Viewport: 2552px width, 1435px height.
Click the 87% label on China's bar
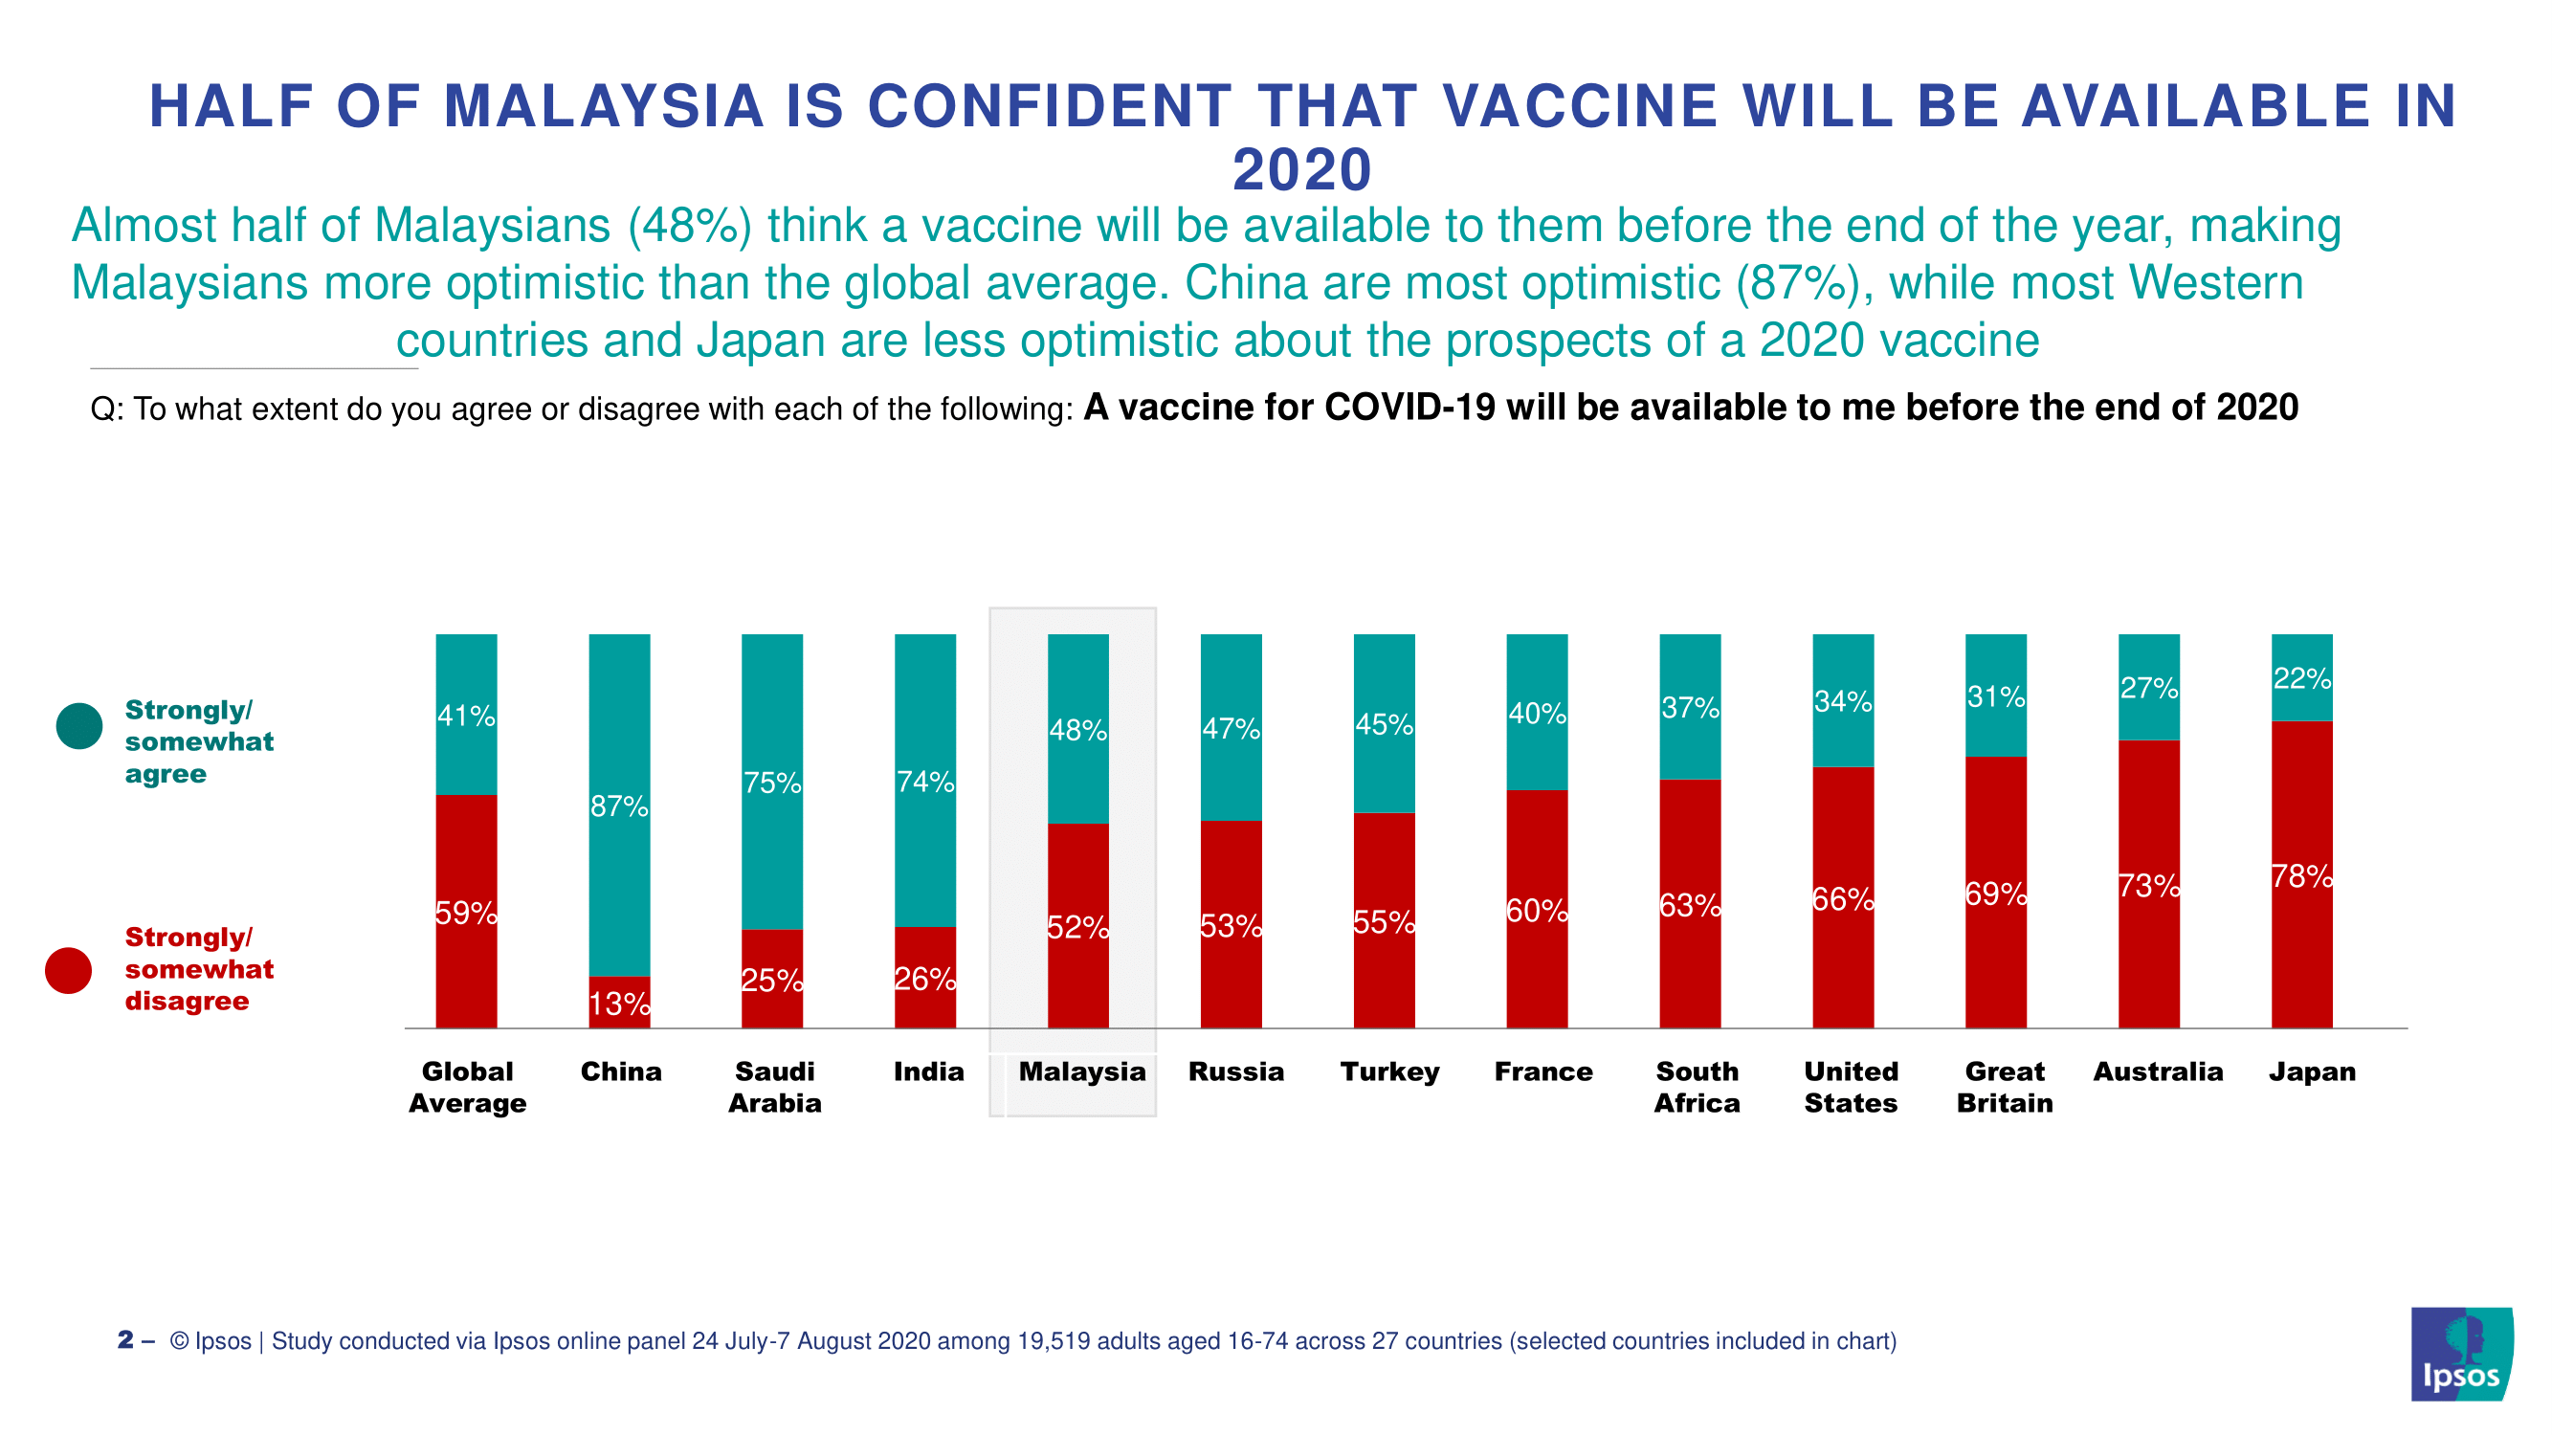619,806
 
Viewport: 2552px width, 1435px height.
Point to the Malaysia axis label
1082,1071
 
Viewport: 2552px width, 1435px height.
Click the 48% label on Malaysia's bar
1077,730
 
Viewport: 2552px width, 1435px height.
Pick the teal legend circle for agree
79,726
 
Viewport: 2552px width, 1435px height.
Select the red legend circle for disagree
68,970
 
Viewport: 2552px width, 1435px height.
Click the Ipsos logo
2461,1354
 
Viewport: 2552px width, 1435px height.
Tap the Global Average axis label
467,1087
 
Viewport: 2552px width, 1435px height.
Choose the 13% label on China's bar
619,1004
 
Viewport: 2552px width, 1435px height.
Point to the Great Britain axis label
2004,1087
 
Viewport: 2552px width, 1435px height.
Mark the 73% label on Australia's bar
2149,885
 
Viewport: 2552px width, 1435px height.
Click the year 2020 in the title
1301,169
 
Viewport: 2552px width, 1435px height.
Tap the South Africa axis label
1698,1087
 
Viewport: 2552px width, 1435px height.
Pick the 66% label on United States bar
1843,899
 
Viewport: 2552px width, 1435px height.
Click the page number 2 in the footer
125,1340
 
